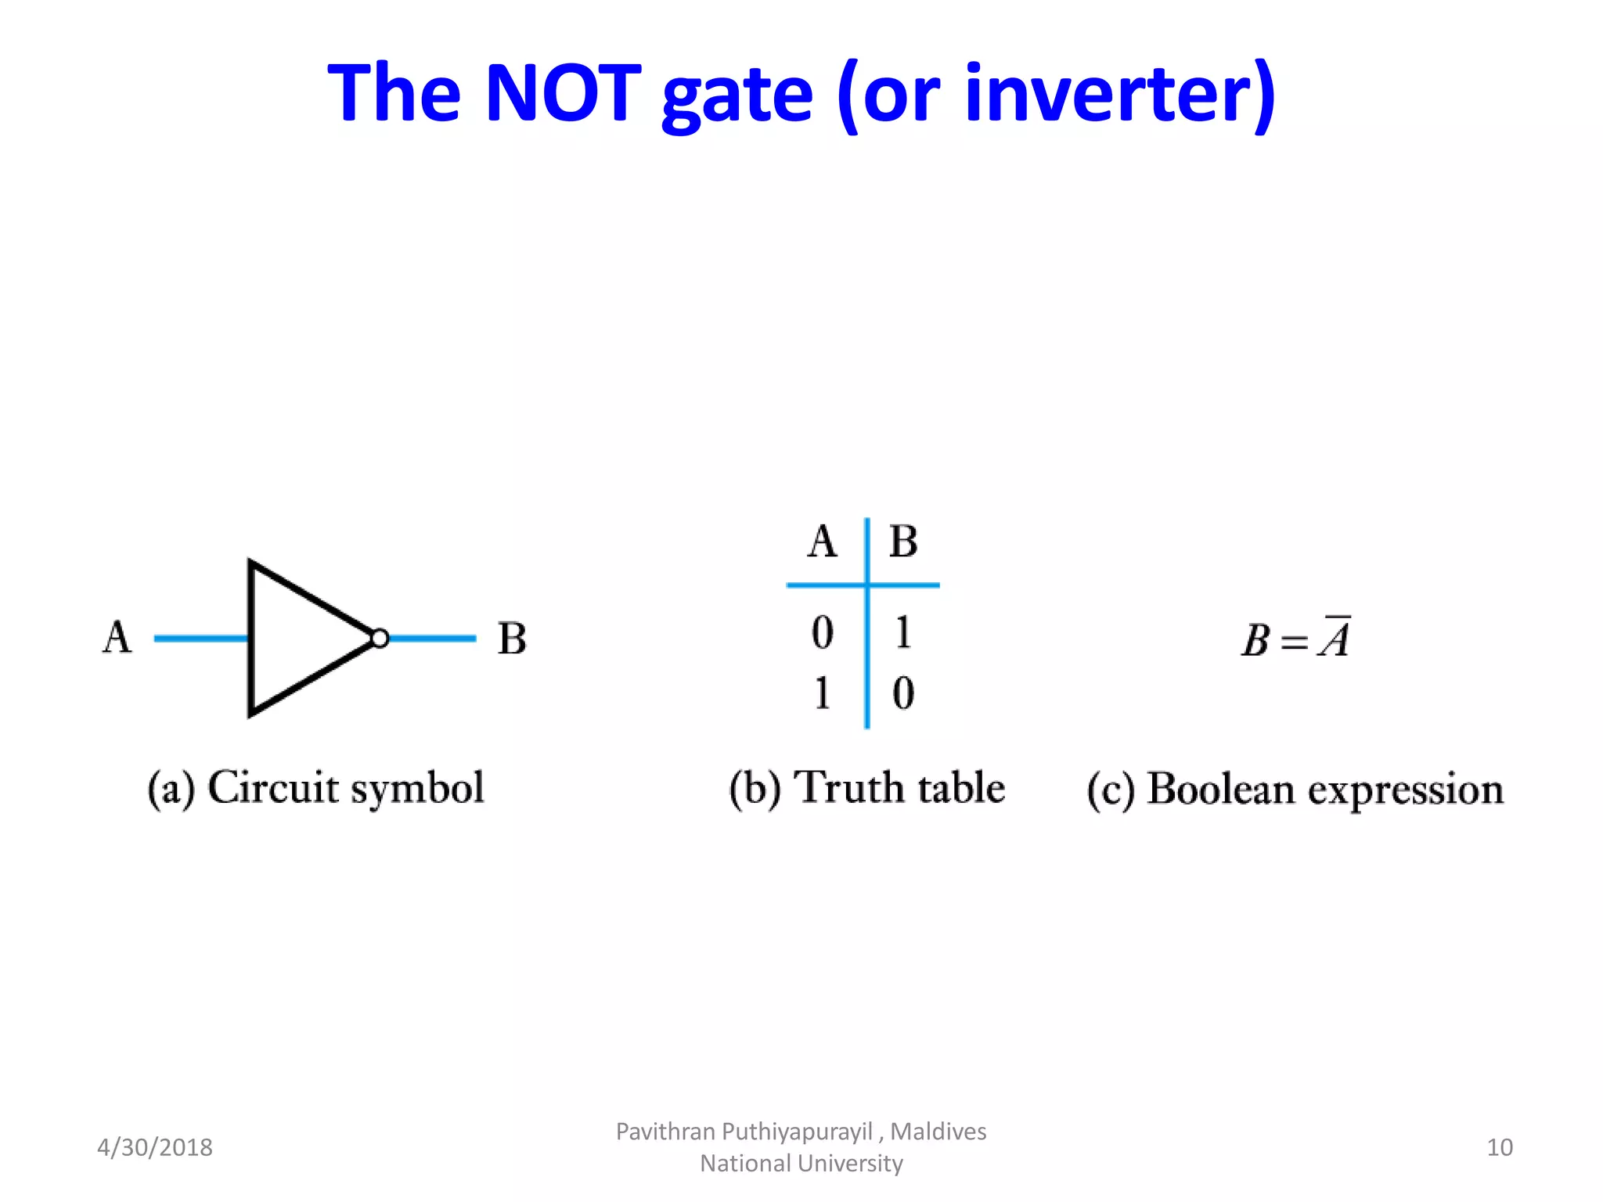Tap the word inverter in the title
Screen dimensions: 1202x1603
point(1119,94)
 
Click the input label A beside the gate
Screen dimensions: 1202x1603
point(117,637)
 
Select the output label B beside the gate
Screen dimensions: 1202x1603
point(513,639)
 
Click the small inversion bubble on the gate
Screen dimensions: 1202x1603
point(380,639)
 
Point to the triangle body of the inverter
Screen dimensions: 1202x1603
point(297,638)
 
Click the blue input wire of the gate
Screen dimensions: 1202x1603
point(200,639)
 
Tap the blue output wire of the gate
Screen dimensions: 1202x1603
point(432,639)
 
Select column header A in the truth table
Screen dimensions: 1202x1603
point(822,542)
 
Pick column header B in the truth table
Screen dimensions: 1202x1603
point(903,542)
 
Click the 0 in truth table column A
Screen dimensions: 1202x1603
point(822,632)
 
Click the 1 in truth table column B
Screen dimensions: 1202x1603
point(903,632)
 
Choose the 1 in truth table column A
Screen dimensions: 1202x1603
point(822,693)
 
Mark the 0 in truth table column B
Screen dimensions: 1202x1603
point(903,693)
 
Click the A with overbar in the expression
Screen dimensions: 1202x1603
point(1335,639)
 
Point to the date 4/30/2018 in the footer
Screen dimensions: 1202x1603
point(155,1147)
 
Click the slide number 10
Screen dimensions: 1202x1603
point(1499,1147)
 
